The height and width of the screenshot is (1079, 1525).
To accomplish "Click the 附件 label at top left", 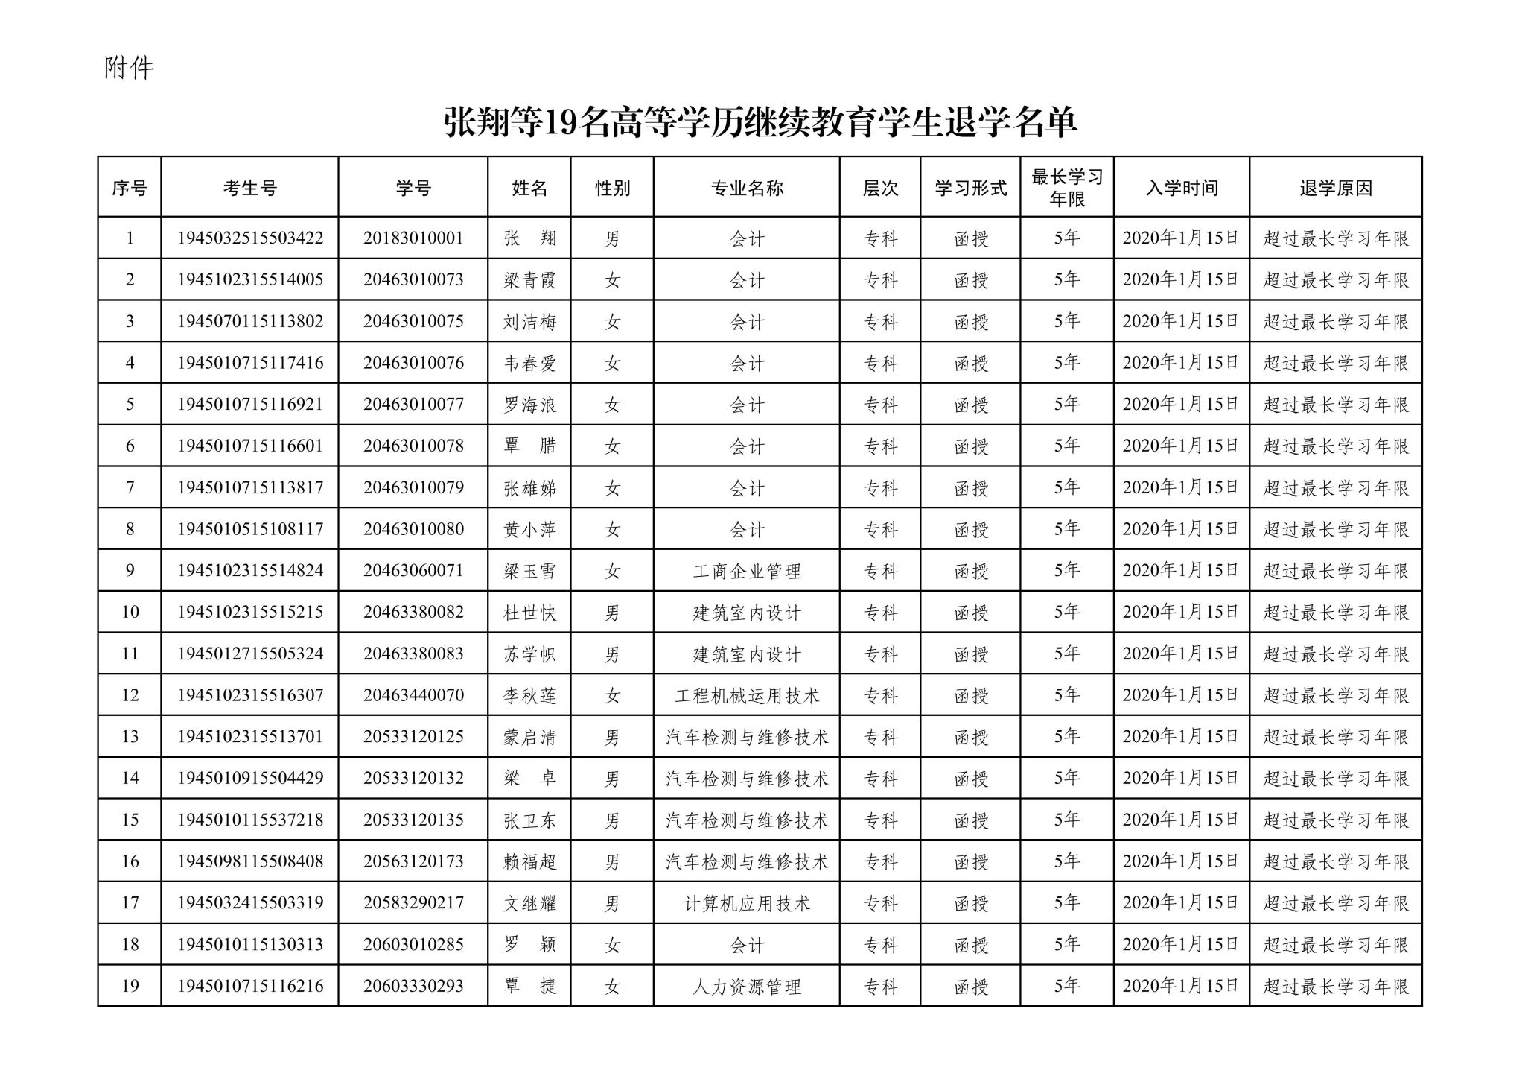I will point(129,69).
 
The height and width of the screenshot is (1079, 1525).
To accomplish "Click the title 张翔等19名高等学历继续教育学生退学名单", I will point(760,123).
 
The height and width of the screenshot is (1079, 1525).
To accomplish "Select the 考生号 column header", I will point(249,189).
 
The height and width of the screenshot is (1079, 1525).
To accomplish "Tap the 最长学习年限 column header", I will point(1066,188).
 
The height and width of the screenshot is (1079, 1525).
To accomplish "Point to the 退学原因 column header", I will point(1335,189).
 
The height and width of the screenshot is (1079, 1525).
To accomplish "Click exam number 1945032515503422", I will point(250,238).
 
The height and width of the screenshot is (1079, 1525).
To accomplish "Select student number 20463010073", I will point(413,280).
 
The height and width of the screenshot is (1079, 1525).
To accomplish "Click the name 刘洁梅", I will point(529,322).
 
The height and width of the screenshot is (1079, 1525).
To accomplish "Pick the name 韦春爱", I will point(529,364).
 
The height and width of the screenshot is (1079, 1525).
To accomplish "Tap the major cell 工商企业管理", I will point(746,572).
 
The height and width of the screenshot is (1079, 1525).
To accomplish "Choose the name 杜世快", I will point(529,613).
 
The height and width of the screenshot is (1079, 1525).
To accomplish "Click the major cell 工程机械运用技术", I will point(746,696).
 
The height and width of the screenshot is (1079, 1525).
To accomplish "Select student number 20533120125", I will point(413,737).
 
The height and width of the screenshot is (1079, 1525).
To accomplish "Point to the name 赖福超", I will point(529,862).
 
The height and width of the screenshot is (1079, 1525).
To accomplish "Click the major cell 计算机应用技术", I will point(746,904).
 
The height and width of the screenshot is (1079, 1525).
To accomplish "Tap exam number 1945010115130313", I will point(250,945).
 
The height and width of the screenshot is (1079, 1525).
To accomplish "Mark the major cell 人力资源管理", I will point(746,987).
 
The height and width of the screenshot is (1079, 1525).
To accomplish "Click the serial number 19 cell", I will point(130,987).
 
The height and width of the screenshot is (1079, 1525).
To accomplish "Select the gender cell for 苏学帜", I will point(612,654).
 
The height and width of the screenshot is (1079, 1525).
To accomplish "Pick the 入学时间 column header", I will point(1181,189).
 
